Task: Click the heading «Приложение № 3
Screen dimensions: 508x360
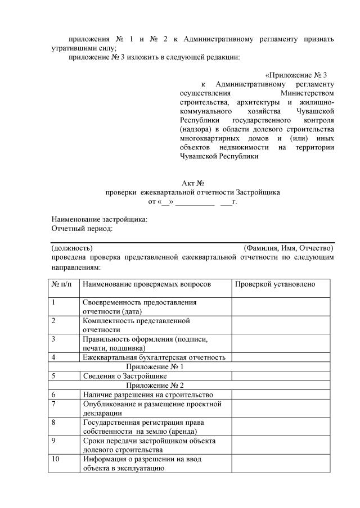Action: [x=296, y=75]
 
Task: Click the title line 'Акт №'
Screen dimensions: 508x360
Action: [x=192, y=183]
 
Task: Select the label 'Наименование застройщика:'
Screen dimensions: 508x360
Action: [x=100, y=220]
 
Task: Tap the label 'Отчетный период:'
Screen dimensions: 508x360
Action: [x=82, y=229]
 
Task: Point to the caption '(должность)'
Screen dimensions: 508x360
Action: [x=72, y=248]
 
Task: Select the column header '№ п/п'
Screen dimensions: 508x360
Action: [x=62, y=284]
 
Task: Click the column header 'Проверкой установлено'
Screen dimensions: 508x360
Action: [x=274, y=284]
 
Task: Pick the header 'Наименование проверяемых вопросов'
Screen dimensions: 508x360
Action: [x=147, y=284]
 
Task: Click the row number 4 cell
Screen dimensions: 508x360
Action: [x=64, y=357]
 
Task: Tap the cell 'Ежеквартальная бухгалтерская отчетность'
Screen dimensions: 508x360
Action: [x=154, y=357]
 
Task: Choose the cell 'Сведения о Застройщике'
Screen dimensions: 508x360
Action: [x=125, y=376]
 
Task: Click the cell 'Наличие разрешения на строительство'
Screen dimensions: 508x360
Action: [x=148, y=395]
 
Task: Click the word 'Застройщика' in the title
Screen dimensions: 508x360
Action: [x=257, y=192]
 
